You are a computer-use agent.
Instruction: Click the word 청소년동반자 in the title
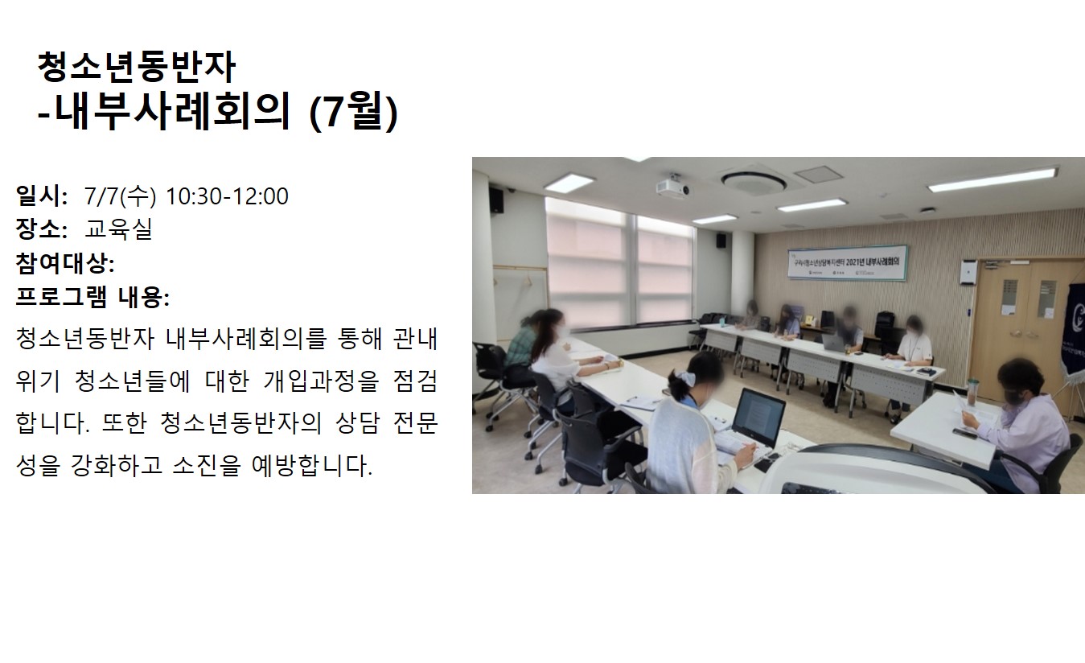tap(137, 67)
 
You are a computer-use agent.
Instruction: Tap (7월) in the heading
tap(354, 112)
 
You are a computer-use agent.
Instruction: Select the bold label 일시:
tap(42, 196)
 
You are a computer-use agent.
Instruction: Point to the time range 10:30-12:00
tap(227, 196)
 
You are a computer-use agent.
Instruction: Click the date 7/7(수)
tap(120, 196)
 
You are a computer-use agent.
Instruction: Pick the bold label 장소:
tap(42, 229)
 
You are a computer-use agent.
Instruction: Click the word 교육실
tap(119, 229)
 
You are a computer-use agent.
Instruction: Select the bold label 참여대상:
tap(65, 263)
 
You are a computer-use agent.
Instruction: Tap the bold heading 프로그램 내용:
tap(92, 297)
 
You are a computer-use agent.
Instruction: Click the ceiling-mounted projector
tap(673, 187)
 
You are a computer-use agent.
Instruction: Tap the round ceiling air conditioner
tap(754, 182)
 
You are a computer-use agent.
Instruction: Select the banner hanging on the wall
tap(847, 263)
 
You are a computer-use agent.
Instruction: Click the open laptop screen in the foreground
tap(758, 417)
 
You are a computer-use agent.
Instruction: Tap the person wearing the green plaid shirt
tap(520, 343)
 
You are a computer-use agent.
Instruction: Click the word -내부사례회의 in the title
tap(164, 112)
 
